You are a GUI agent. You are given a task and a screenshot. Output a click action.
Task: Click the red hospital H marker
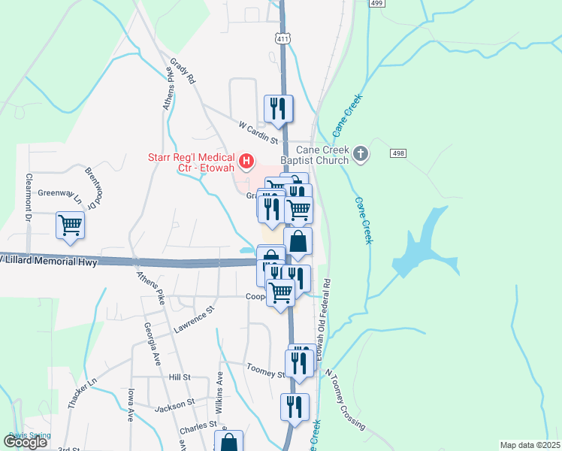246,160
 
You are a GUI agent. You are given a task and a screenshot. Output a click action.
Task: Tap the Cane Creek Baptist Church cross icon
361,154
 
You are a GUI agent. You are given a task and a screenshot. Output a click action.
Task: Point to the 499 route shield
378,3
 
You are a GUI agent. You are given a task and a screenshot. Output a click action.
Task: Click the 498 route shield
398,153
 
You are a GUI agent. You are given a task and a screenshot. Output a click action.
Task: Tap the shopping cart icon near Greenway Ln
70,224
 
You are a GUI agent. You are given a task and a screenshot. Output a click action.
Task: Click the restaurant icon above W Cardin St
278,108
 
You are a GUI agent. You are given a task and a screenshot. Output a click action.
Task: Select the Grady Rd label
183,69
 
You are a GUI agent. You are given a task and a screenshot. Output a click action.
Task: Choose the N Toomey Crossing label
344,399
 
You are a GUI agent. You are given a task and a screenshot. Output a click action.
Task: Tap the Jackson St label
175,407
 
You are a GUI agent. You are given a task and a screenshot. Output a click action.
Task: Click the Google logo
26,442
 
